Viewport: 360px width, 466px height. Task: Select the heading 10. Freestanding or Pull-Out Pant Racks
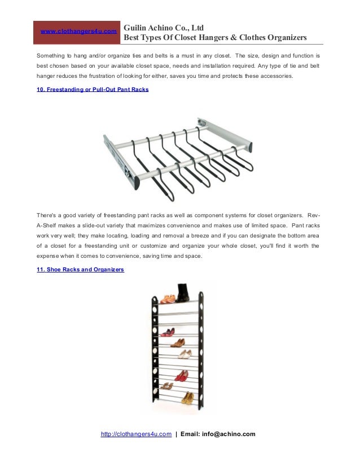click(x=93, y=89)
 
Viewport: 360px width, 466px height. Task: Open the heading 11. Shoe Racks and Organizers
click(x=80, y=270)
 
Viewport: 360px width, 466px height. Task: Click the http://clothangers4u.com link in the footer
click(x=136, y=434)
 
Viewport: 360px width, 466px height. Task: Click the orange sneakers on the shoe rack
click(x=168, y=299)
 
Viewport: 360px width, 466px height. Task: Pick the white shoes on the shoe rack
click(x=185, y=354)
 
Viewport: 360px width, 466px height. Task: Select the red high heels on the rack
click(x=181, y=375)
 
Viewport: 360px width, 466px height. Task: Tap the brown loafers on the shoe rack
click(x=178, y=342)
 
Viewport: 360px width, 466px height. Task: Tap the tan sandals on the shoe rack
click(x=166, y=386)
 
